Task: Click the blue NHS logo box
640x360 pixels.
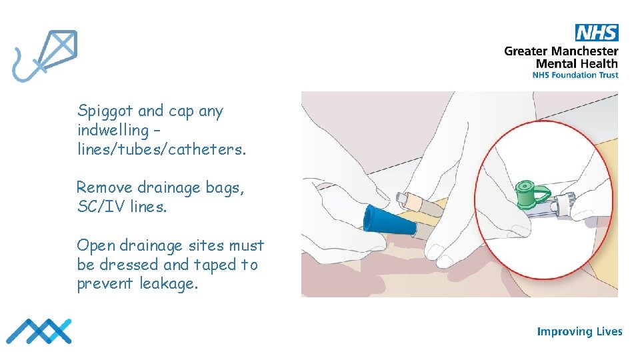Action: (x=597, y=33)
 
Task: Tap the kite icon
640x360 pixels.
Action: (x=45, y=55)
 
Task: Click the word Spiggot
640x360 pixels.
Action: (x=105, y=111)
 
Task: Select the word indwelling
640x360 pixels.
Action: (x=113, y=131)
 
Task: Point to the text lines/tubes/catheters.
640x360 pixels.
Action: (x=161, y=149)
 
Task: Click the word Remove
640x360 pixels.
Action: (x=105, y=187)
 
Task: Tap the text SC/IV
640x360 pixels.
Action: (x=101, y=207)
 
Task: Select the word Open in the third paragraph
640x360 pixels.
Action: (x=96, y=246)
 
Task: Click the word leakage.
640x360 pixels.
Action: (x=169, y=284)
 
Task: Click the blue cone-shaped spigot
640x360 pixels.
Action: (x=389, y=222)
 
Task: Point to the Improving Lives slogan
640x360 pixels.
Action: (x=579, y=331)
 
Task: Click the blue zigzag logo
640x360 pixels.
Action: (x=39, y=331)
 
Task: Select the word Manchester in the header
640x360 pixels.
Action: (x=585, y=51)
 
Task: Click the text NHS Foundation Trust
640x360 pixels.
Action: (x=575, y=75)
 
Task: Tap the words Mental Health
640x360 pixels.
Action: (x=577, y=64)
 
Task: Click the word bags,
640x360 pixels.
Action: (x=225, y=188)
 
